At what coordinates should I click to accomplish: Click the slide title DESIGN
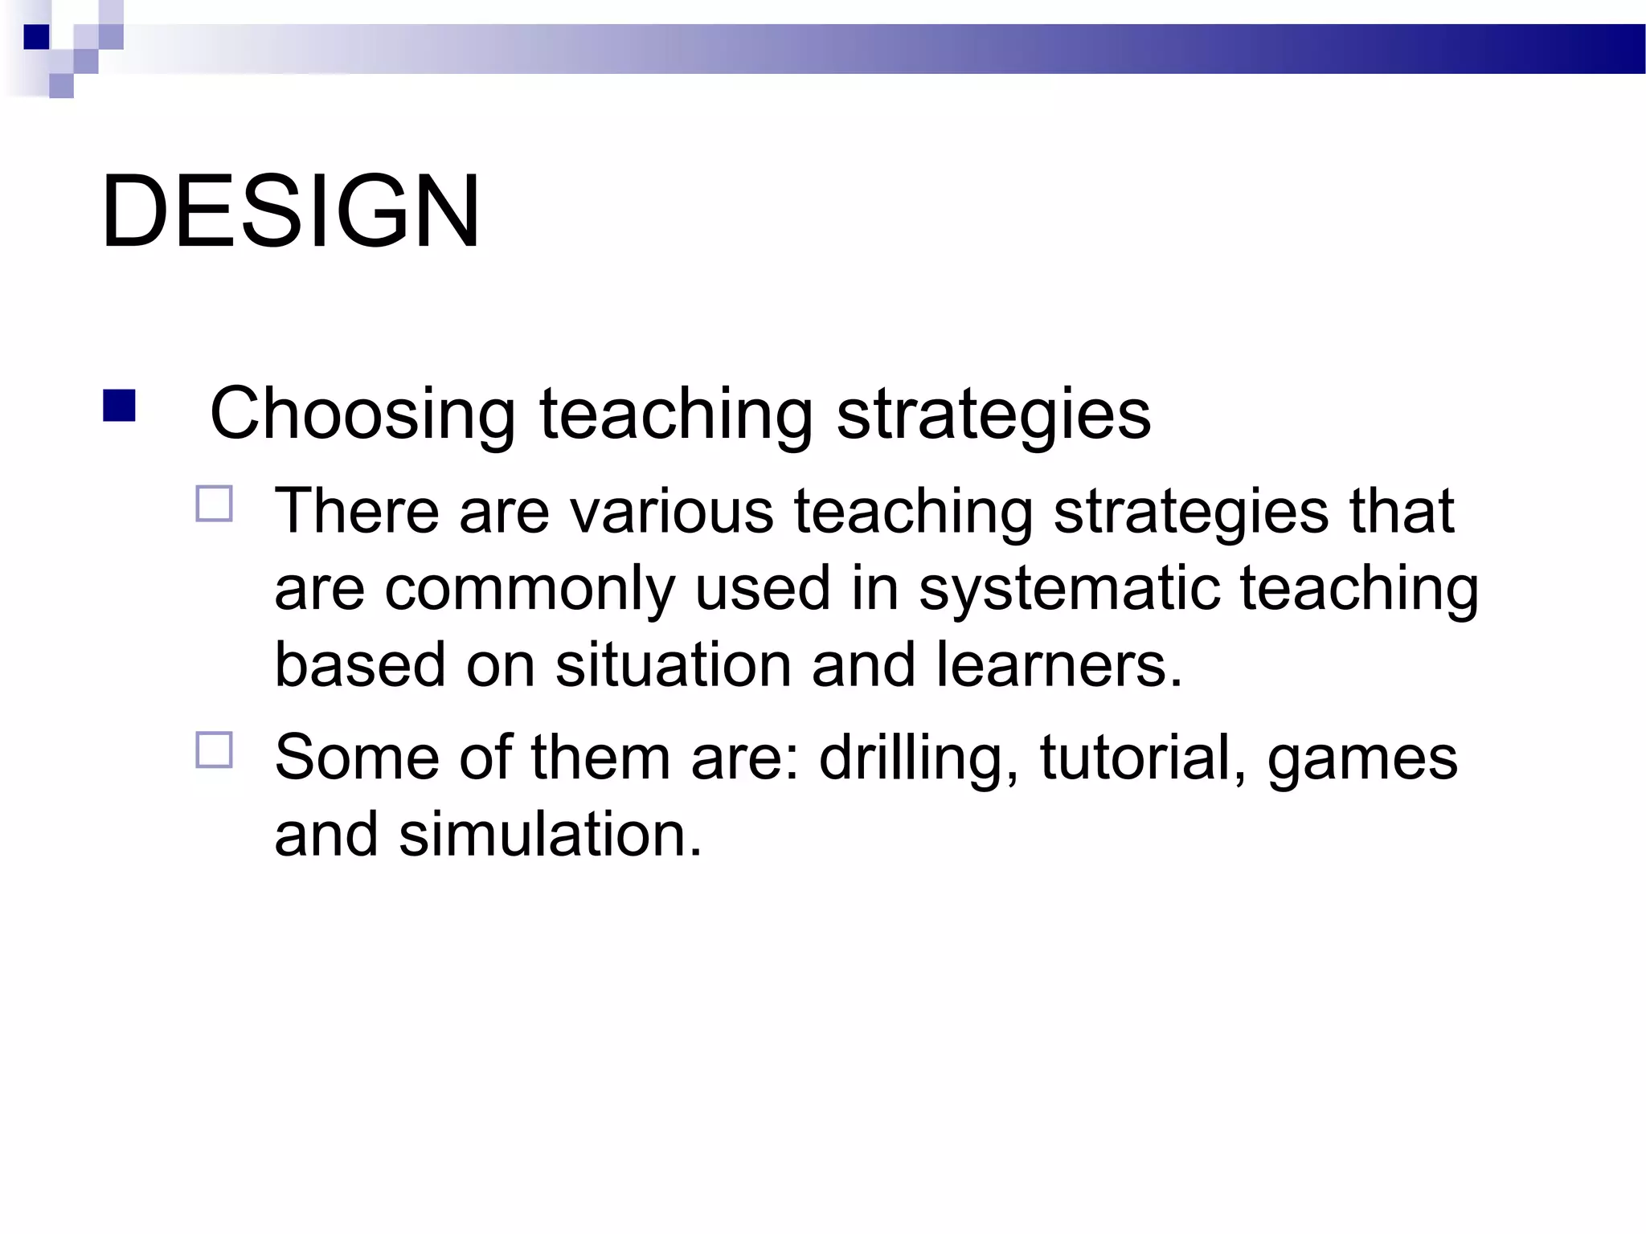pos(291,212)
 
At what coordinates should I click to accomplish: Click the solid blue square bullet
pos(119,406)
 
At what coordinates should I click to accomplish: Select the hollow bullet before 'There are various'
pos(214,505)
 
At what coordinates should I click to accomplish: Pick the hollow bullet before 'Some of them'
pos(214,750)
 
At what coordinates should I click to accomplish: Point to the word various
pos(671,512)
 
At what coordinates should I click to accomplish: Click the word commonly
pos(530,589)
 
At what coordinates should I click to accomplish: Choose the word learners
pos(1058,665)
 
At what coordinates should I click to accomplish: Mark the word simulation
pos(550,835)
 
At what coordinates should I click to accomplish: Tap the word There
pos(357,512)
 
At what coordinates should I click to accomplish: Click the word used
pos(762,589)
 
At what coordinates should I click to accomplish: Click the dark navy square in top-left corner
pos(36,37)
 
